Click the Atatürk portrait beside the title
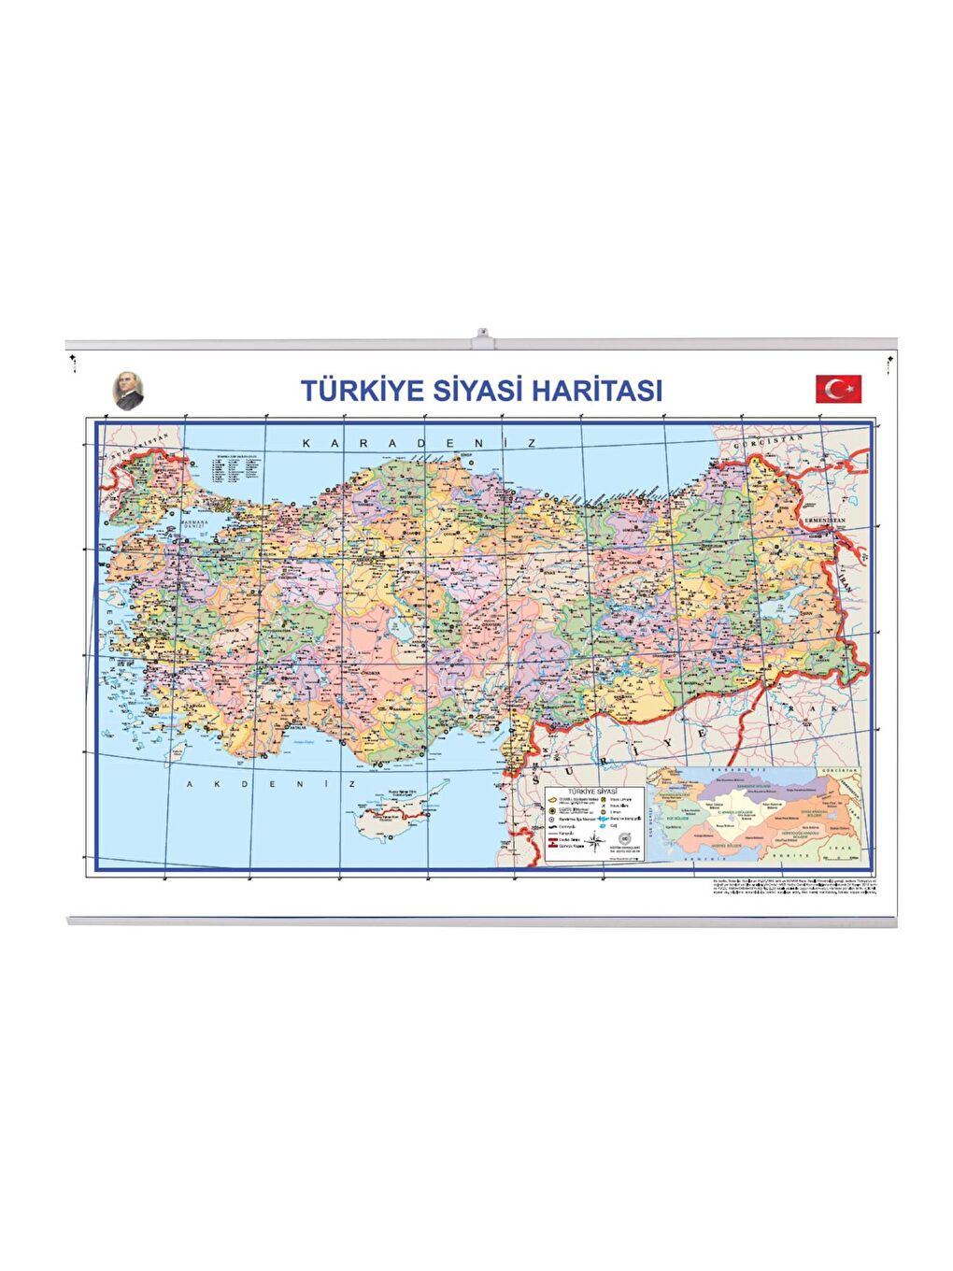pyautogui.click(x=128, y=390)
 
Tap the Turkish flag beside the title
pyautogui.click(x=838, y=389)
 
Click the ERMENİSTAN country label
pyautogui.click(x=823, y=520)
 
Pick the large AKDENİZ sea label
pyautogui.click(x=271, y=784)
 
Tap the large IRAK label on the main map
pyautogui.click(x=804, y=710)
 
